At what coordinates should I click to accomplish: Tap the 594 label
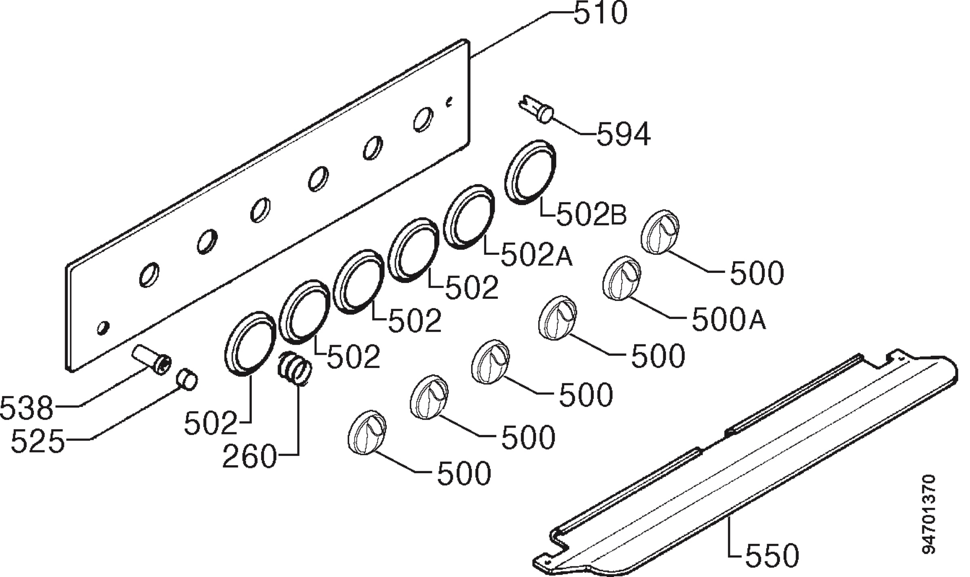point(624,134)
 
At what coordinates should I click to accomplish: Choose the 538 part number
point(27,408)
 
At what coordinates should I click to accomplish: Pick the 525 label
point(38,441)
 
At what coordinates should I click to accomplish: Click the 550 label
point(772,556)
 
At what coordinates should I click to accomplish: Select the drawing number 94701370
point(929,514)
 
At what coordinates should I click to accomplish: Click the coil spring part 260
point(294,367)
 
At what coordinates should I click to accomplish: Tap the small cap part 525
point(187,379)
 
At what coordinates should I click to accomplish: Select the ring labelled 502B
point(530,172)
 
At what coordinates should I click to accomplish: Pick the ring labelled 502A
point(469,217)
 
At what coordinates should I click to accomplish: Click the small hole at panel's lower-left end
point(103,328)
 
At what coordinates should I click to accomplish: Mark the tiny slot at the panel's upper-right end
point(449,102)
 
